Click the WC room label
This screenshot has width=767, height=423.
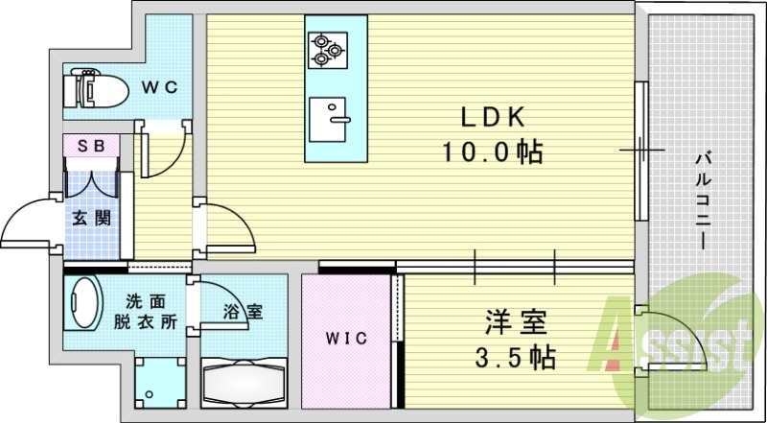tap(159, 87)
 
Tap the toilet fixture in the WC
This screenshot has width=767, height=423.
tap(95, 88)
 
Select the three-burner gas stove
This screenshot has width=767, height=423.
tap(328, 50)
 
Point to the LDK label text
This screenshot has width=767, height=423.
tap(492, 117)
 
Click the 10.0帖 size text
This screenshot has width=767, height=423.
tap(493, 153)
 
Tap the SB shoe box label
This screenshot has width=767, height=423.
tap(92, 147)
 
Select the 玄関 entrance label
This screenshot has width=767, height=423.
tap(91, 218)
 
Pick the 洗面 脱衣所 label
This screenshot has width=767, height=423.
tap(146, 312)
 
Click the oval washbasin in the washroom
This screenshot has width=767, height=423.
tap(82, 302)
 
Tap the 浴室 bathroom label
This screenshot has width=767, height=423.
tap(244, 312)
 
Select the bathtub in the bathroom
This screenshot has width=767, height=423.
tap(244, 383)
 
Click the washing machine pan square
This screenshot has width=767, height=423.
tap(160, 384)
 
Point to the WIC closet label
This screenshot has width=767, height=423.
tap(346, 339)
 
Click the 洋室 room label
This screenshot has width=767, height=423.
tap(515, 323)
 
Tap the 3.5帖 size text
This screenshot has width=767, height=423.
tap(515, 358)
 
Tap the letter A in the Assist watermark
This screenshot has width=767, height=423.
tap(613, 334)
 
